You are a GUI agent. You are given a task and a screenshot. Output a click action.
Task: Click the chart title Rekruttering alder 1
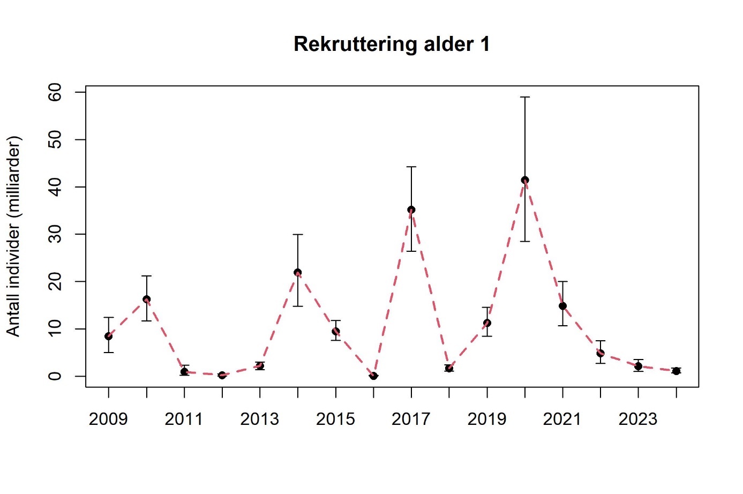(392, 44)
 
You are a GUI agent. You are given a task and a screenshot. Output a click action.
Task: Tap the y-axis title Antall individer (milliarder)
(13, 236)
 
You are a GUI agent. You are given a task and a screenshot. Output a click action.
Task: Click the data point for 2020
(525, 180)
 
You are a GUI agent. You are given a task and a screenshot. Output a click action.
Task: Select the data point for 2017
(411, 210)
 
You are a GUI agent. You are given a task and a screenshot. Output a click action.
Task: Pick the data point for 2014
(298, 273)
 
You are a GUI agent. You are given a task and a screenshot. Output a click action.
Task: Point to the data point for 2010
(147, 300)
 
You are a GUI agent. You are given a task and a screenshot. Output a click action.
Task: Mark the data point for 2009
(109, 336)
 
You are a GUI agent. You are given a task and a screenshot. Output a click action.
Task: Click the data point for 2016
(374, 376)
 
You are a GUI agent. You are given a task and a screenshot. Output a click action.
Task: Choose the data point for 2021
(562, 306)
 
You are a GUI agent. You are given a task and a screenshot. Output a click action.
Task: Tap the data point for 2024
(676, 371)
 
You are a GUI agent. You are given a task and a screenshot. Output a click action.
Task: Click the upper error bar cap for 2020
(525, 97)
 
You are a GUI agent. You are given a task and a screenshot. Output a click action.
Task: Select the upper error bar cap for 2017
(411, 167)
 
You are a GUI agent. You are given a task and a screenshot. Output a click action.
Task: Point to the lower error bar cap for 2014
(298, 306)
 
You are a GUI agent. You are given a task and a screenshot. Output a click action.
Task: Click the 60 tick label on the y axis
(55, 92)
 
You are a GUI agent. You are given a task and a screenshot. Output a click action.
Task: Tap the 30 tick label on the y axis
(55, 234)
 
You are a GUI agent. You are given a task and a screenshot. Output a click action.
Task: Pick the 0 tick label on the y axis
(55, 376)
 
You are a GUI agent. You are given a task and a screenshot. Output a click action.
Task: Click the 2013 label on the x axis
(260, 419)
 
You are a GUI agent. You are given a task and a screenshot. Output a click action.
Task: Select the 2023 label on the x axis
(638, 419)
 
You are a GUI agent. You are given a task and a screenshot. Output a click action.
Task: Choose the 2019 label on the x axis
(487, 419)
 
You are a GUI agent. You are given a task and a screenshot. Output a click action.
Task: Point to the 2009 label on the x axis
(109, 419)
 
